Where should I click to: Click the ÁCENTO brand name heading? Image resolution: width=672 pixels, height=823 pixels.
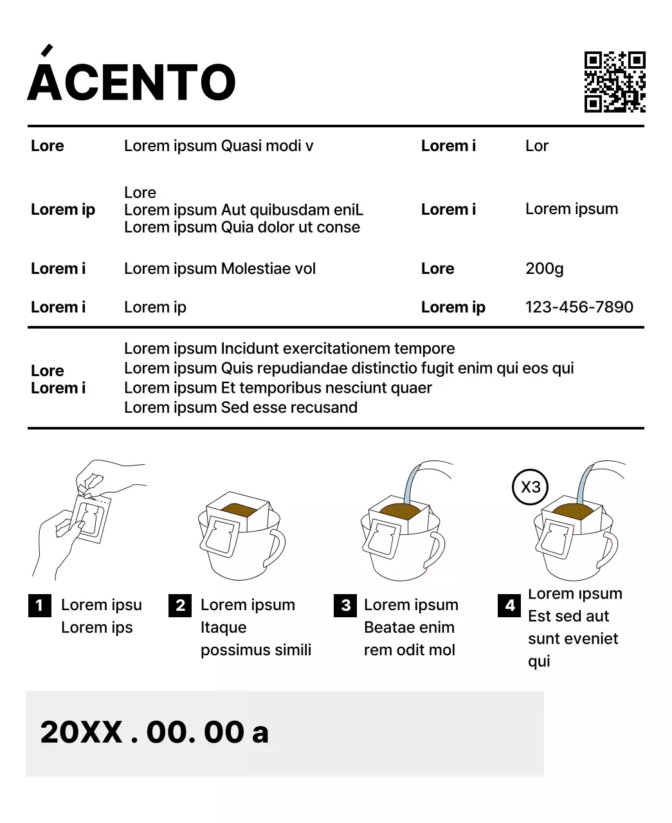[x=132, y=82]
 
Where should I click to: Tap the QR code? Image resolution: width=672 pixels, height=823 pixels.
[x=614, y=82]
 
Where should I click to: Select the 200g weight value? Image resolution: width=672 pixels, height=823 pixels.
[x=544, y=269]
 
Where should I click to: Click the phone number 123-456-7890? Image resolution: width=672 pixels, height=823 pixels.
[x=579, y=307]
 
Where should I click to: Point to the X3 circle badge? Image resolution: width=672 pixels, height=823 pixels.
[x=531, y=487]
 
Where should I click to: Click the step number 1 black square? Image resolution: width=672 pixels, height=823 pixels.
[x=40, y=605]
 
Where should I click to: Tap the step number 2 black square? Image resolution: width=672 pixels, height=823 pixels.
[x=180, y=605]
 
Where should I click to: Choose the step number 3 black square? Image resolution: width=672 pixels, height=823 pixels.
[x=345, y=605]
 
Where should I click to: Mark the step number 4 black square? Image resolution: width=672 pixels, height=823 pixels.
[x=510, y=605]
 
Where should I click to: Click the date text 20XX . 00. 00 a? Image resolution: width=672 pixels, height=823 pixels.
[x=154, y=732]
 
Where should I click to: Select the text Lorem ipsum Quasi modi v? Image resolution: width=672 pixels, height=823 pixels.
[x=219, y=146]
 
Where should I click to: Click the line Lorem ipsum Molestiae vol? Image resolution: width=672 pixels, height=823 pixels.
[x=220, y=269]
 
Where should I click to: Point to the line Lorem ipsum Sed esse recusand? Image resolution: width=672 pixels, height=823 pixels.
[x=241, y=408]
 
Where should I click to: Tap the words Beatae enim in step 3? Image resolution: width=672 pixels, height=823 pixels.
[x=409, y=628]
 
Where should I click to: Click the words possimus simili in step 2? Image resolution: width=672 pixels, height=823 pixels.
[x=256, y=650]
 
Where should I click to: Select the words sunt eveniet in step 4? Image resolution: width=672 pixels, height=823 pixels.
[x=573, y=638]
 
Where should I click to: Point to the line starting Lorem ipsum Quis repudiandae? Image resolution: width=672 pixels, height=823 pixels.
[x=349, y=368]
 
